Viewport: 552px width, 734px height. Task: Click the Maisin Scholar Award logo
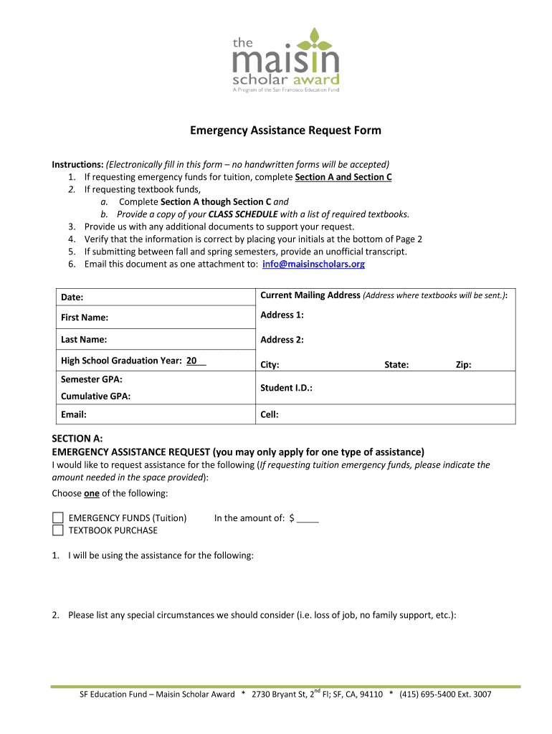click(285, 60)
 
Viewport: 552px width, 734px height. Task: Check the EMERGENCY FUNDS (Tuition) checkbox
click(58, 518)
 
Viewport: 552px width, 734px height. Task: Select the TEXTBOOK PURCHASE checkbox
click(58, 530)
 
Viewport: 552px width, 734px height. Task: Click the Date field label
click(72, 297)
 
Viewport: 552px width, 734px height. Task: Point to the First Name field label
click(85, 318)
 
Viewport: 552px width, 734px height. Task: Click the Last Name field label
click(84, 340)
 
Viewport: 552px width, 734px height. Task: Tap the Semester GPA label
click(92, 378)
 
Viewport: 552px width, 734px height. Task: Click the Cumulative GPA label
click(95, 396)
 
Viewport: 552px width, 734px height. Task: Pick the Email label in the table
click(74, 414)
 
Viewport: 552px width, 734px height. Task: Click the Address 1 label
click(282, 315)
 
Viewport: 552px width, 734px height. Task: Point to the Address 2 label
click(282, 340)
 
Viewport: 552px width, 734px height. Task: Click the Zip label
click(463, 365)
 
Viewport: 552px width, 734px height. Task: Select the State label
click(396, 365)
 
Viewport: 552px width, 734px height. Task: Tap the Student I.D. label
click(286, 388)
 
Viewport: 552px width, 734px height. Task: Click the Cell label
click(270, 414)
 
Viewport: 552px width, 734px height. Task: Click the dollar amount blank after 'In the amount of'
click(308, 518)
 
